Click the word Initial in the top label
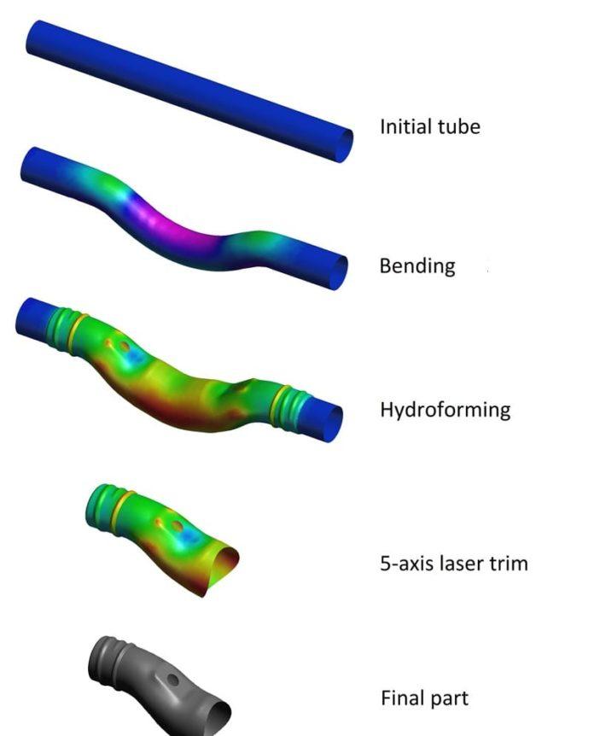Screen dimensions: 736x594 click(x=405, y=126)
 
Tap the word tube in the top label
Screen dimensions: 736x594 click(x=458, y=126)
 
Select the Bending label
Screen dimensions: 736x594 click(x=417, y=266)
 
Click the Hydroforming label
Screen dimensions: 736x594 click(x=445, y=410)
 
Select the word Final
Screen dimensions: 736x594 click(x=401, y=698)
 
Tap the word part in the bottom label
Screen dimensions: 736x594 click(x=449, y=698)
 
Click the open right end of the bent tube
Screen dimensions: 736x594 click(x=338, y=272)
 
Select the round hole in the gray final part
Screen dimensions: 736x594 click(x=173, y=681)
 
